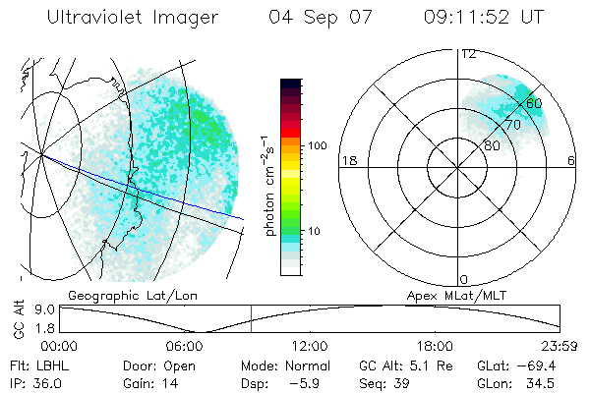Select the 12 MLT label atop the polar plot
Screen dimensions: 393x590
[x=469, y=54]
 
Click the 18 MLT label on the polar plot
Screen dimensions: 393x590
[x=347, y=160]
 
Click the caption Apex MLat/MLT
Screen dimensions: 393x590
[x=455, y=294]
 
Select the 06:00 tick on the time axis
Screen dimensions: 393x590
[x=186, y=346]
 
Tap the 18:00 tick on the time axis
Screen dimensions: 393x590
[x=435, y=346]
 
